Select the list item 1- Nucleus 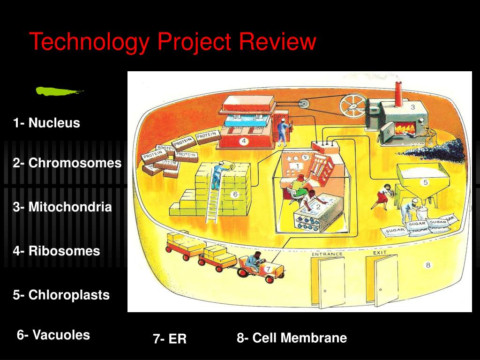tap(46, 123)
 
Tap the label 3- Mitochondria tap(62, 207)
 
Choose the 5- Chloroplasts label tap(61, 295)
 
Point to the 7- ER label tap(169, 339)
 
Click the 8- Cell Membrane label tap(292, 338)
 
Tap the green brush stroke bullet tap(59, 91)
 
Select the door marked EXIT tap(385, 280)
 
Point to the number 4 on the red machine tap(244, 141)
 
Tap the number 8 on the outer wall tap(428, 265)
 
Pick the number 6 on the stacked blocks tap(235, 194)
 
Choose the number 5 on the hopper tap(425, 182)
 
